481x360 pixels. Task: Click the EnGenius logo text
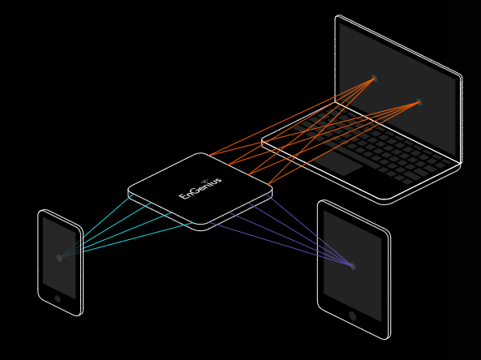click(200, 187)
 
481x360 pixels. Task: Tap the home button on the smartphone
click(58, 298)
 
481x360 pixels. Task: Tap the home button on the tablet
click(353, 316)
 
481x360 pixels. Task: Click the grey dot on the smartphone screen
click(59, 258)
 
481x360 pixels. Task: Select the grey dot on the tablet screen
click(353, 266)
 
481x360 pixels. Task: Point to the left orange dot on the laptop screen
click(374, 79)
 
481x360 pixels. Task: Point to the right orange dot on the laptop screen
click(419, 102)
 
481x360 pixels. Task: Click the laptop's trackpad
click(337, 162)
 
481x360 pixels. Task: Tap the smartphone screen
click(59, 258)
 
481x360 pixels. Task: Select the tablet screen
click(353, 266)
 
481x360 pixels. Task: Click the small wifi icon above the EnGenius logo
click(205, 180)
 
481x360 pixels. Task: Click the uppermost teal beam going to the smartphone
click(108, 216)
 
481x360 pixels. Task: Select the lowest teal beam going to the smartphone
click(138, 238)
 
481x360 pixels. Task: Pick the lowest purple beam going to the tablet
click(280, 243)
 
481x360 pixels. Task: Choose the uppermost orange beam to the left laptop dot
click(291, 117)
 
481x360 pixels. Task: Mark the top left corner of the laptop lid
click(337, 16)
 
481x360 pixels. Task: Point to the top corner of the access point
click(201, 153)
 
